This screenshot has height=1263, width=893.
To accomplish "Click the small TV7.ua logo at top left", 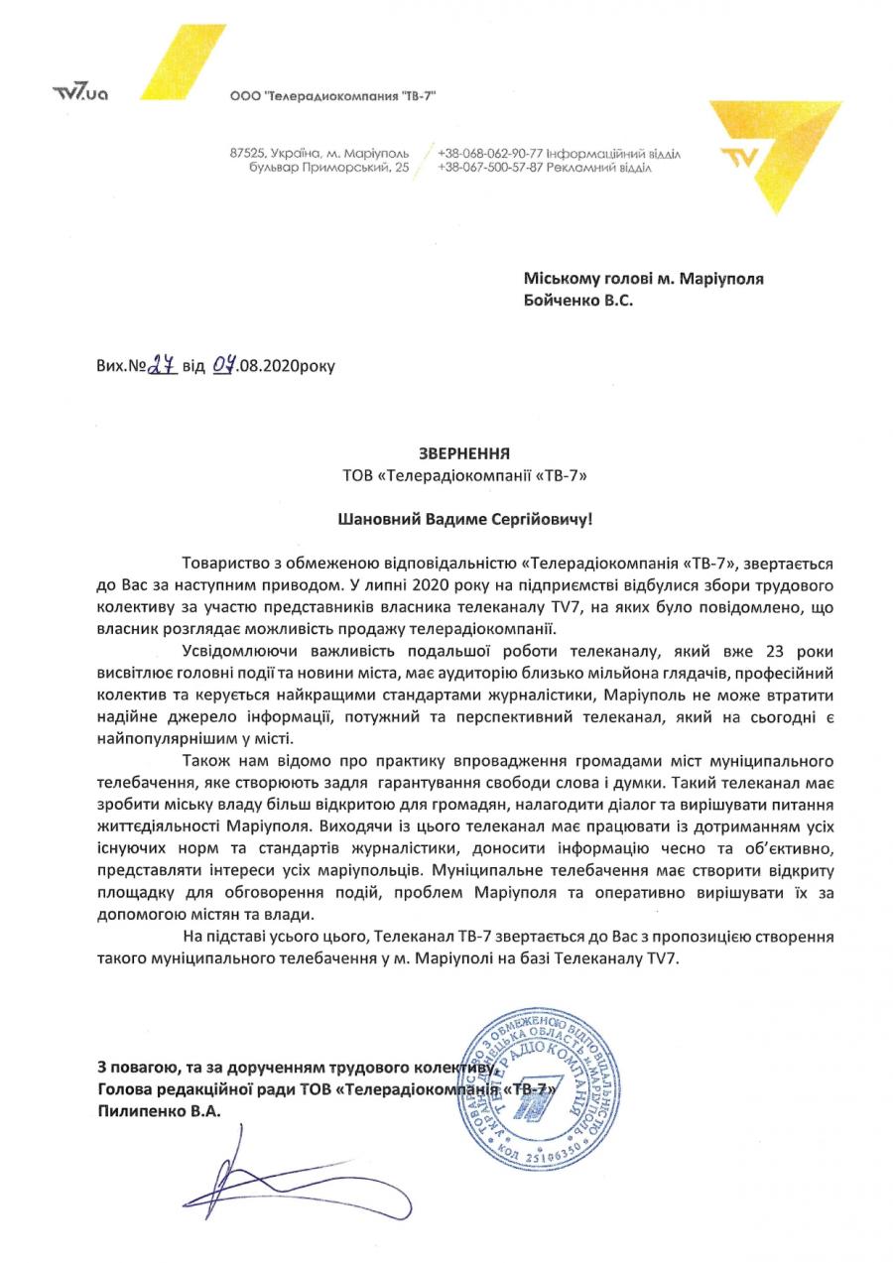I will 79,93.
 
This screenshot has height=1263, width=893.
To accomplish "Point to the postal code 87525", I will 247,154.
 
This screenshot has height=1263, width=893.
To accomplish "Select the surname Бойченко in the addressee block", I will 561,299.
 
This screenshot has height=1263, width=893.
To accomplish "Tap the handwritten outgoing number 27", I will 163,364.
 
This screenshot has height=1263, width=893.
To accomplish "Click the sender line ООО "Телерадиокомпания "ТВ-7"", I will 332,95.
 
